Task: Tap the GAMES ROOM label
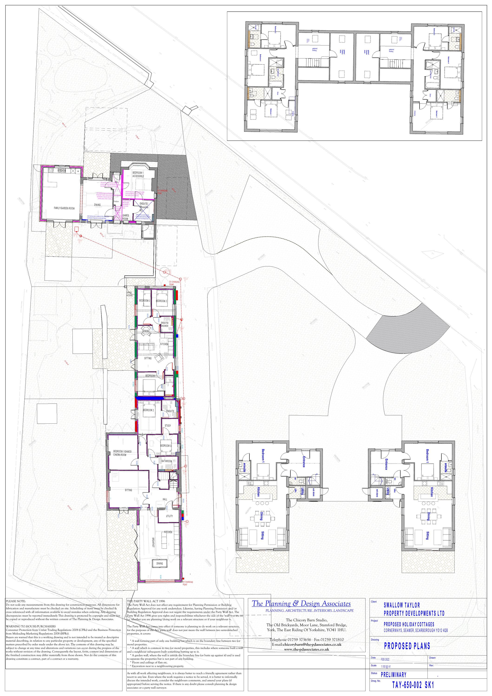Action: tap(126, 217)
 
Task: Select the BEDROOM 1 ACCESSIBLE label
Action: tap(138, 174)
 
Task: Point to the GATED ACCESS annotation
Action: tap(130, 294)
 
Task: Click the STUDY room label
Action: tap(168, 425)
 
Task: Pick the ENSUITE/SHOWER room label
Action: tap(164, 324)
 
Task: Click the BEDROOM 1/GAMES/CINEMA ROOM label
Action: tap(122, 453)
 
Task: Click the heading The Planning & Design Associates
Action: tap(301, 604)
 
